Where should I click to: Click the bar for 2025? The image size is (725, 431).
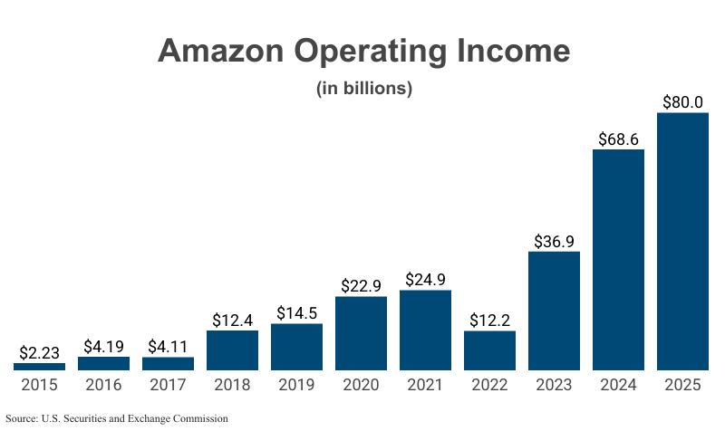[682, 242]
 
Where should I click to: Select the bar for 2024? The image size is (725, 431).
[618, 260]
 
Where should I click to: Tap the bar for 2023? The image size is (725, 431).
[554, 311]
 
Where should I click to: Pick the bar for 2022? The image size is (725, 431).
[489, 350]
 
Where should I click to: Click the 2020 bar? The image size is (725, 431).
[361, 333]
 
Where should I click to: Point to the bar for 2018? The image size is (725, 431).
[232, 350]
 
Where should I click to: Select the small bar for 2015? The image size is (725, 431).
[39, 367]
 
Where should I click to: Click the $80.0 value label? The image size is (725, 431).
[682, 101]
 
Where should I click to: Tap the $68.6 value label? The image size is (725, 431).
[618, 139]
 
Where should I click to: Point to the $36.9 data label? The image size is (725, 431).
[554, 241]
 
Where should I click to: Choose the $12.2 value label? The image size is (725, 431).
[489, 320]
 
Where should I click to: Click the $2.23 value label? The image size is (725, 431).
[39, 352]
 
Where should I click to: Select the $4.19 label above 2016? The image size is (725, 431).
[103, 346]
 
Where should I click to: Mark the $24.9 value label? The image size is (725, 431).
[425, 279]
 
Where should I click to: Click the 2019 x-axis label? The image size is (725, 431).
[296, 385]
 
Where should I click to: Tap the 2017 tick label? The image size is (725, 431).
[168, 385]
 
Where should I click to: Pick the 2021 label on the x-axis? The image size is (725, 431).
[425, 385]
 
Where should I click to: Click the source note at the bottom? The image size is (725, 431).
[116, 418]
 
